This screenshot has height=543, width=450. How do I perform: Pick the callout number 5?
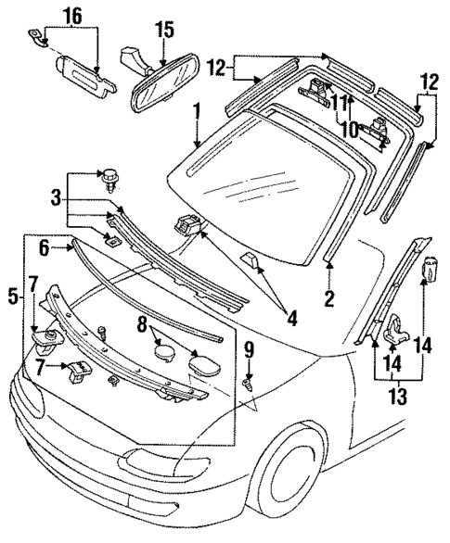tap(11, 297)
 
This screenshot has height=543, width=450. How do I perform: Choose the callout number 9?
tap(249, 349)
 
